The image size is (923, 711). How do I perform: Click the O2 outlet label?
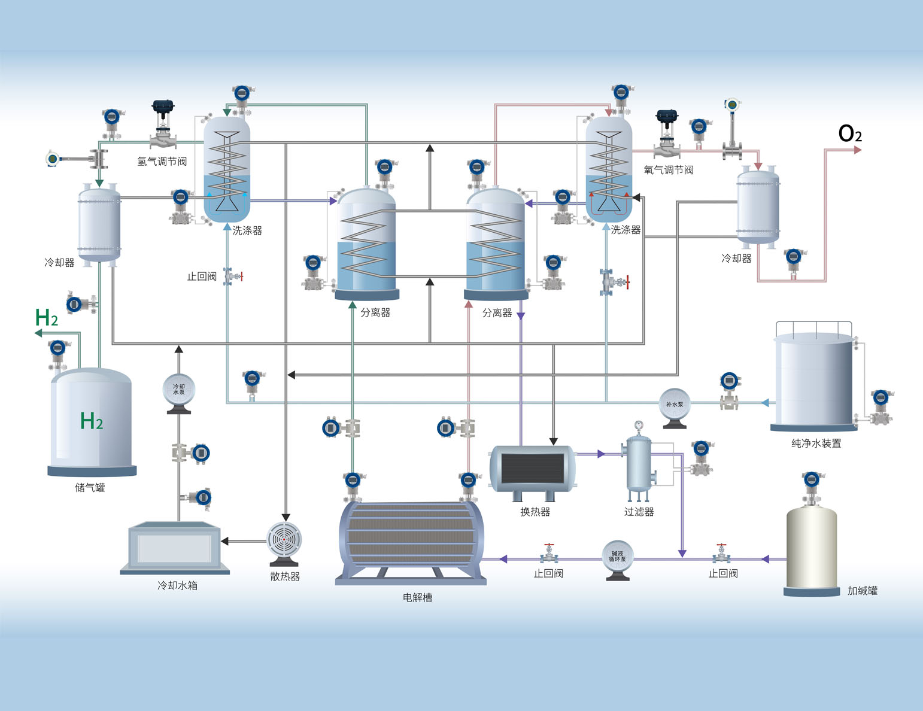pos(850,133)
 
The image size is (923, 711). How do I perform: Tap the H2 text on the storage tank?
pos(92,421)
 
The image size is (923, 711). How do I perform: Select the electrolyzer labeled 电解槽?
pos(411,541)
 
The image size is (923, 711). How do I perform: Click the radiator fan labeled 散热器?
pos(284,542)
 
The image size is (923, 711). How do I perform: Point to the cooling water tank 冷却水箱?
pos(175,547)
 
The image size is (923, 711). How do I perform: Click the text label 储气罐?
pos(90,488)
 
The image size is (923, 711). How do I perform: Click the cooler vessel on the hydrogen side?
pos(99,225)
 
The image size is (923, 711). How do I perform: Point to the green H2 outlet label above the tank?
pos(47,318)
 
